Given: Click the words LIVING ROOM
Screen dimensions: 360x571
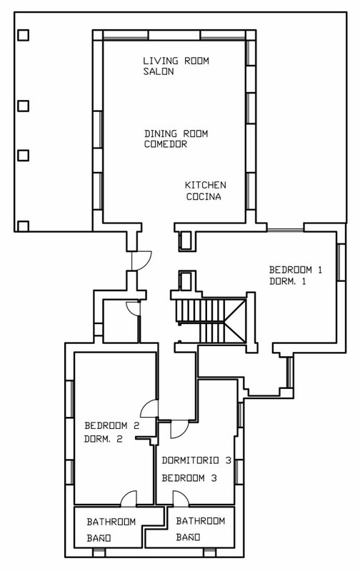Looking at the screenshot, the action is pyautogui.click(x=176, y=61).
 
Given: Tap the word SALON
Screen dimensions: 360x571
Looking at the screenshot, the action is pyautogui.click(x=158, y=71).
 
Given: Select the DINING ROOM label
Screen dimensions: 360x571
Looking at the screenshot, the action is pyautogui.click(x=176, y=133).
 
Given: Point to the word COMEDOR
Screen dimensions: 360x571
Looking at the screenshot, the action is pyautogui.click(x=166, y=144).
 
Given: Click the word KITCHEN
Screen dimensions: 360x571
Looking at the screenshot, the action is pyautogui.click(x=206, y=185).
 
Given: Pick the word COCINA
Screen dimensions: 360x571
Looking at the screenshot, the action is pyautogui.click(x=204, y=197).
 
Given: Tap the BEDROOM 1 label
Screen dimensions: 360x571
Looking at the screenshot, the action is pyautogui.click(x=296, y=270).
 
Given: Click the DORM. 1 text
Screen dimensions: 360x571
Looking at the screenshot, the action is pyautogui.click(x=287, y=281).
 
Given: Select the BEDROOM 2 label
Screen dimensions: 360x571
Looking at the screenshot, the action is pyautogui.click(x=112, y=425).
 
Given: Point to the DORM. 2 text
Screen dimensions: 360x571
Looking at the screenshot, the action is pyautogui.click(x=103, y=439).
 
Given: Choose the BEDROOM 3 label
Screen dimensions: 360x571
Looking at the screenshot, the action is pyautogui.click(x=189, y=477).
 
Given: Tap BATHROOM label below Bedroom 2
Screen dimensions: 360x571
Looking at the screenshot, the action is pyautogui.click(x=111, y=522).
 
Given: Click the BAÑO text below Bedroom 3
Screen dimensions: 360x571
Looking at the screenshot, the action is pyautogui.click(x=188, y=537).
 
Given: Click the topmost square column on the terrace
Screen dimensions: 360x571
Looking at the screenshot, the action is pyautogui.click(x=24, y=35).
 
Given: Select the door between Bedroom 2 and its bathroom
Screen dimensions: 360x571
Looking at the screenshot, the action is pyautogui.click(x=129, y=498).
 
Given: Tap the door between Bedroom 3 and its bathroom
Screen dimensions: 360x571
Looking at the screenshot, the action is pyautogui.click(x=181, y=498).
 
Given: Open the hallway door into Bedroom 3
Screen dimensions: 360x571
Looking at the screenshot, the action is pyautogui.click(x=179, y=429).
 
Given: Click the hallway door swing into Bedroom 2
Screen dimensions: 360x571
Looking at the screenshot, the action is pyautogui.click(x=150, y=408).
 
